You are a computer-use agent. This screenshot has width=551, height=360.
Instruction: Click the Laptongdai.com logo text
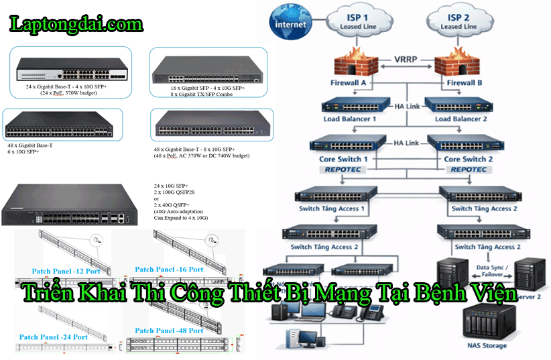[x=76, y=25]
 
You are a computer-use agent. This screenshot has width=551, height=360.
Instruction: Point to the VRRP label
[x=407, y=59]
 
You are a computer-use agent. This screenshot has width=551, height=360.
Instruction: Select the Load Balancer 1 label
[x=349, y=119]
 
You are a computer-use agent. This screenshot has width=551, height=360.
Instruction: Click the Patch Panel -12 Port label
[x=60, y=272]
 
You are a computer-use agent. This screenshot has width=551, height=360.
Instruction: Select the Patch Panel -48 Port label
[x=169, y=331]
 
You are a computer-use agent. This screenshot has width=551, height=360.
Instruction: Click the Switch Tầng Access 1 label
[x=332, y=208]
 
